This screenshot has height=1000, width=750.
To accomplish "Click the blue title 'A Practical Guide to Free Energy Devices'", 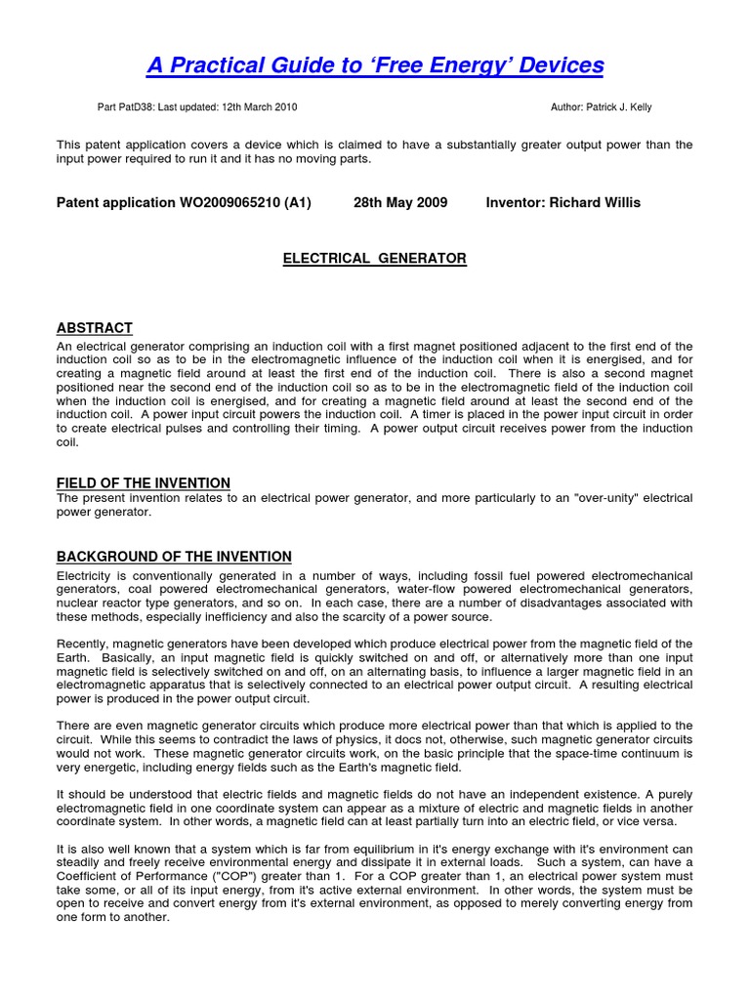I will [375, 65].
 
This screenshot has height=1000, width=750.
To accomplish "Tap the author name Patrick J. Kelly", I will [624, 106].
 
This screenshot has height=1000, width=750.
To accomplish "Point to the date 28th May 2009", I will [400, 203].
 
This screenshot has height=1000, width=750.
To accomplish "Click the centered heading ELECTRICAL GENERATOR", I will [375, 259].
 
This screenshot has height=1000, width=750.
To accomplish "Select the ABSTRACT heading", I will [95, 328].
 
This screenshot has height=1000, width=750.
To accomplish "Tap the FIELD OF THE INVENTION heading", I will [144, 483].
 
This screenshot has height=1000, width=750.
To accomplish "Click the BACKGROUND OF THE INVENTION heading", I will [174, 557].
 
